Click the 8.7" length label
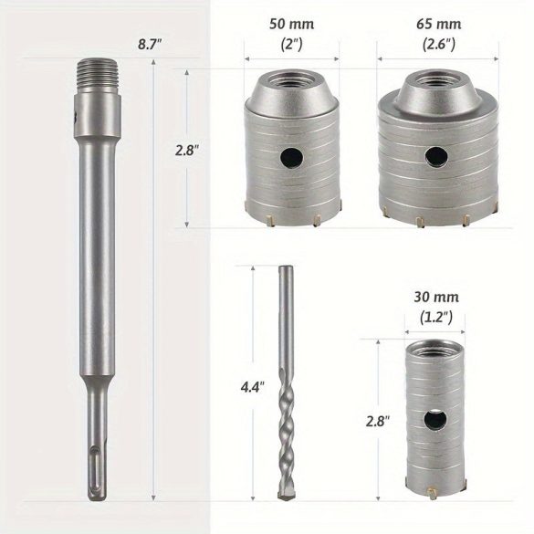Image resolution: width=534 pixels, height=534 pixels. tap(150, 45)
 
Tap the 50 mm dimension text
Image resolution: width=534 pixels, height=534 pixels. tap(291, 24)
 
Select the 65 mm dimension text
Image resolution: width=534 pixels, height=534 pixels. tap(439, 24)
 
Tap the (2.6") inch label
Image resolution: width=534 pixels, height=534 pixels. tap(439, 44)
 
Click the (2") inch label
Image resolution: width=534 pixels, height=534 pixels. tap(291, 44)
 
